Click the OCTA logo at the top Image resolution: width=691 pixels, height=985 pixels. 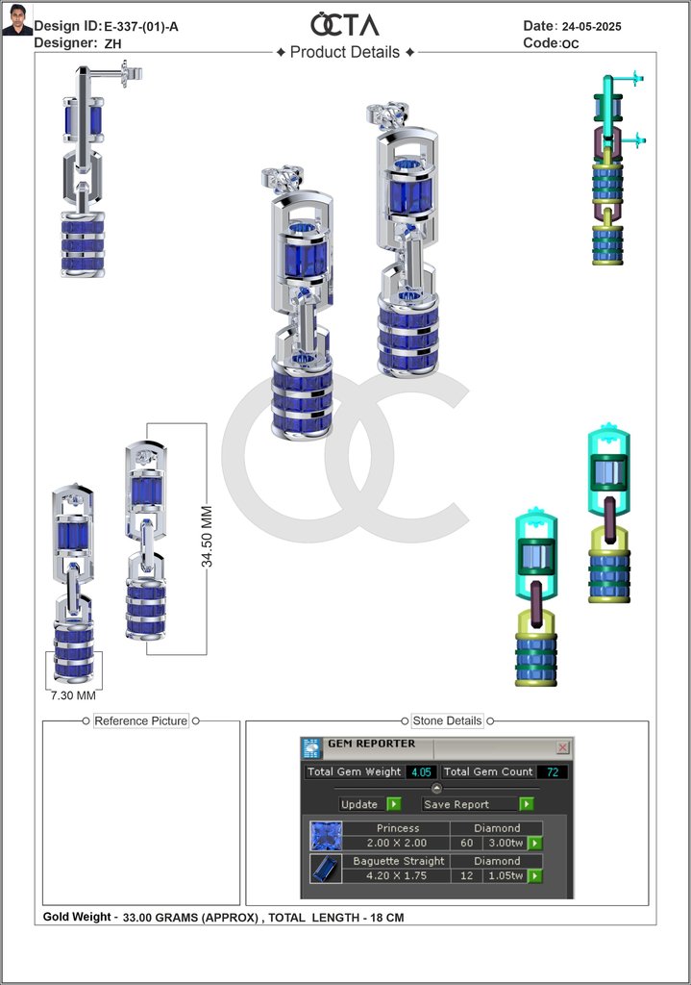tap(345, 24)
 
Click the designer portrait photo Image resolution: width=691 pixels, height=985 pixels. tap(17, 19)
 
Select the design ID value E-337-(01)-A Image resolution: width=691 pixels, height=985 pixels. tap(141, 26)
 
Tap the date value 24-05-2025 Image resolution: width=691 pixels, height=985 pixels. tap(592, 26)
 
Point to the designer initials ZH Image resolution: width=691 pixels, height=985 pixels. tap(113, 43)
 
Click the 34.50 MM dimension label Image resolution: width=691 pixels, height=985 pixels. tap(207, 536)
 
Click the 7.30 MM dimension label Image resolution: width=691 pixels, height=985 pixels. tap(73, 695)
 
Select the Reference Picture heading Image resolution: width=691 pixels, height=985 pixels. tap(140, 720)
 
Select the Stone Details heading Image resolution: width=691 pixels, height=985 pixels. tap(447, 720)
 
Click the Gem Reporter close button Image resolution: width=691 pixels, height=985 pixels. tap(563, 746)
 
